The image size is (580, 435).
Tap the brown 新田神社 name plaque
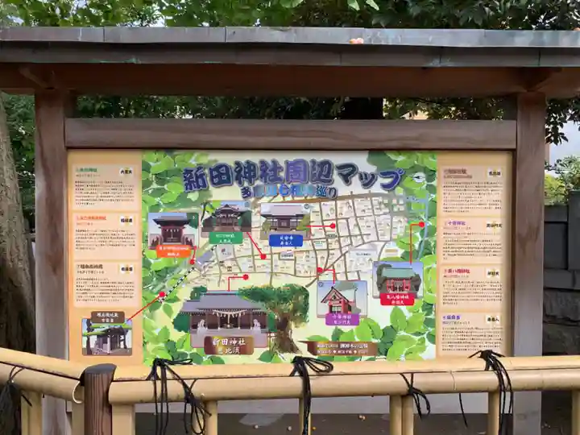pos(228,345)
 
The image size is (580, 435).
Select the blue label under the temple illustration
pos(285,239)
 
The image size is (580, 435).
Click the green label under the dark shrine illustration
pos(226,238)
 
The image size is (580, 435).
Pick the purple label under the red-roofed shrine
pos(342,319)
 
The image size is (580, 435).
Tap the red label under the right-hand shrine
pos(397,299)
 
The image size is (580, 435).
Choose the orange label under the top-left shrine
pos(172,251)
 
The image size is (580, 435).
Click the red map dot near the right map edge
pos(421,225)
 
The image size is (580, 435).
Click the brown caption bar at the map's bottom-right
pos(342,349)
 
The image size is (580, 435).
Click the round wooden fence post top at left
pos(99,371)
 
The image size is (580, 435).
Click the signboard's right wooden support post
pos(528,242)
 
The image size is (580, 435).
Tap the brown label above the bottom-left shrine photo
pos(106,317)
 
